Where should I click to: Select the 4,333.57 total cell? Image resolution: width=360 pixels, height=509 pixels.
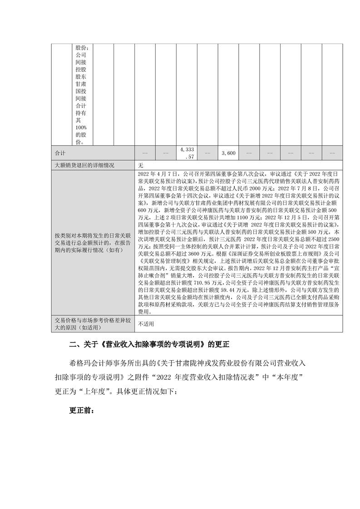pyautogui.click(x=187, y=153)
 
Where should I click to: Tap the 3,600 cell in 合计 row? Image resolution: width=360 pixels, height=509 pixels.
pyautogui.click(x=228, y=153)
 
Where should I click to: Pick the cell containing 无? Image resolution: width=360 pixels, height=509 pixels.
pyautogui.click(x=141, y=165)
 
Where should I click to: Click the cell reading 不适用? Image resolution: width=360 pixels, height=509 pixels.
pyautogui.click(x=146, y=324)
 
